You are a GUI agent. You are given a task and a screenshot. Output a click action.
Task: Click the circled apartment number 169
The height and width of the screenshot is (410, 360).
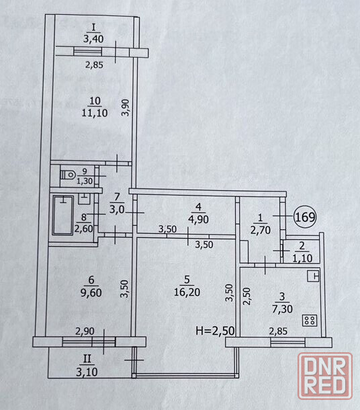click(x=305, y=216)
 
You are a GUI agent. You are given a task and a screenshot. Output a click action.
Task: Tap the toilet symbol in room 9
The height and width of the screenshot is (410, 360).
click(x=68, y=175)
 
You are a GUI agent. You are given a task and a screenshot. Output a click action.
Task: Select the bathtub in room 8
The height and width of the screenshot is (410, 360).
click(x=63, y=216)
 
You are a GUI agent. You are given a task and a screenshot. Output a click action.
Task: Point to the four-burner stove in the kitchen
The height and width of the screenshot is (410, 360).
click(x=310, y=321)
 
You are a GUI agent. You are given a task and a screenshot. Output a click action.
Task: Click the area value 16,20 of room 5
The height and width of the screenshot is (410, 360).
click(x=187, y=292)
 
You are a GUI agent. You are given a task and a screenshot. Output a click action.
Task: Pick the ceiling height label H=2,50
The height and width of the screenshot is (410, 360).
click(x=215, y=331)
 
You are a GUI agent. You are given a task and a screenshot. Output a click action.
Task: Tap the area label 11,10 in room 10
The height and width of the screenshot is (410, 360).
click(x=95, y=113)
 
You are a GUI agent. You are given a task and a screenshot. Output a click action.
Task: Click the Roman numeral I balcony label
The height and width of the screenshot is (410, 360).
click(x=93, y=27)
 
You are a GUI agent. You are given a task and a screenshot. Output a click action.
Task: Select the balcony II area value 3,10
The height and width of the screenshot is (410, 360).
click(x=87, y=372)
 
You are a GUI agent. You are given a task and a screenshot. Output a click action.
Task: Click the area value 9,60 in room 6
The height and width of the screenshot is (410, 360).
click(x=91, y=292)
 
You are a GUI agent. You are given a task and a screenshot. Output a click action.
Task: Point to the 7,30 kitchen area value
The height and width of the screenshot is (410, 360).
click(x=282, y=309)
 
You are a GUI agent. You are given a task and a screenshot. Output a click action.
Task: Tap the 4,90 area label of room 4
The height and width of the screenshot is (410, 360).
click(x=199, y=219)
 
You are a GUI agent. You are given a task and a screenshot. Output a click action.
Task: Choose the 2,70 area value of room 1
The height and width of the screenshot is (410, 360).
click(x=261, y=230)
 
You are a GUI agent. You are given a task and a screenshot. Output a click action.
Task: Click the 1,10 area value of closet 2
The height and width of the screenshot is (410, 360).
click(x=302, y=258)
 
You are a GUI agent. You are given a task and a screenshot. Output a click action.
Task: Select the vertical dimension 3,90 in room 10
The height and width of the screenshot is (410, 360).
click(x=126, y=108)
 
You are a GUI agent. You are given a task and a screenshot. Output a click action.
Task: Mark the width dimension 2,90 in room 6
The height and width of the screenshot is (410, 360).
click(x=85, y=331)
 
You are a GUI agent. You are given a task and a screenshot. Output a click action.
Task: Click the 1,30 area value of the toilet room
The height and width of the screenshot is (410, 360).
click(x=85, y=181)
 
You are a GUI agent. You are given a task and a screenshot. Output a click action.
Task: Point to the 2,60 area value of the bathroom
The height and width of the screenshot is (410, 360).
click(x=83, y=229)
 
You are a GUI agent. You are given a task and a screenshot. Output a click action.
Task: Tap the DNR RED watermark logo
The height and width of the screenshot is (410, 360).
click(x=325, y=376)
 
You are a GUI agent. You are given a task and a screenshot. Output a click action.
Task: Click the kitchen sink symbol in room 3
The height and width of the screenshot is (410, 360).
click(x=313, y=276)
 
